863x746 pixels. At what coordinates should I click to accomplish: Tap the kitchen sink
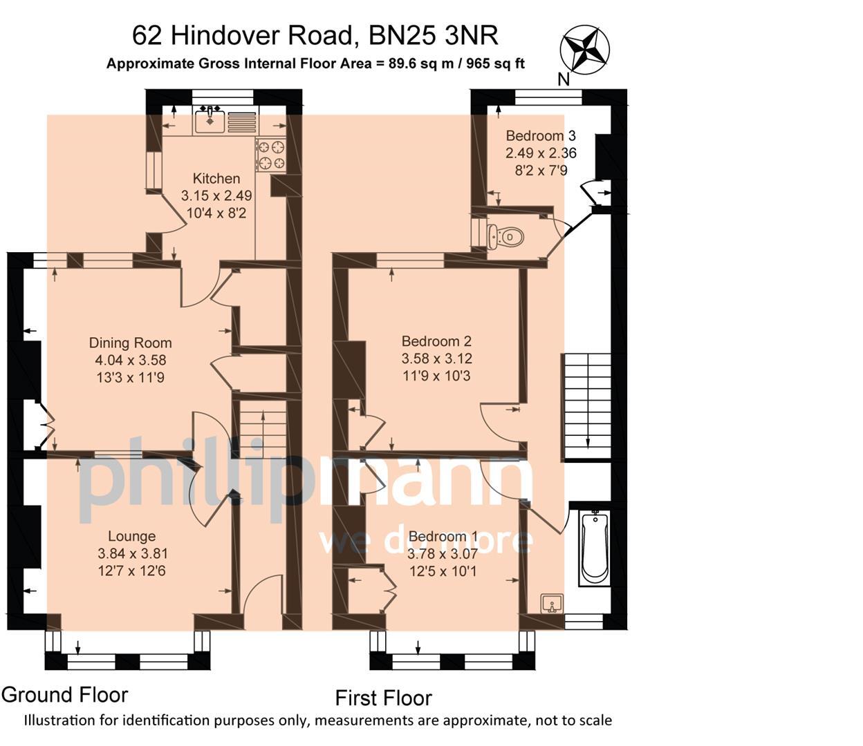click(x=209, y=122)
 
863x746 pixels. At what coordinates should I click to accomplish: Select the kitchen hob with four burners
click(x=270, y=155)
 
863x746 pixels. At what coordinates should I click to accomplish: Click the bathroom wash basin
click(x=552, y=604)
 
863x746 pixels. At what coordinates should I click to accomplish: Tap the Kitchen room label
click(x=216, y=179)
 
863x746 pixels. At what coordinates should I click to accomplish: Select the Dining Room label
click(x=130, y=343)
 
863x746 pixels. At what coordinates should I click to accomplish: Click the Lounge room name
click(x=131, y=537)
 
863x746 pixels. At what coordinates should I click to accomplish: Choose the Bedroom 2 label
click(x=436, y=341)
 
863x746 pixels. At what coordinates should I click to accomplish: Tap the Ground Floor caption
click(x=65, y=695)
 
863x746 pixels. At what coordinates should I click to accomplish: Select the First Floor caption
click(x=383, y=698)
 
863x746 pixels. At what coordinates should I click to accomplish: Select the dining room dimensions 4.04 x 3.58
click(x=130, y=361)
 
